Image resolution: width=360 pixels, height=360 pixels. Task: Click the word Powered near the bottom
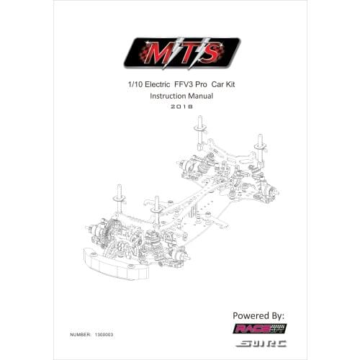(x=253, y=316)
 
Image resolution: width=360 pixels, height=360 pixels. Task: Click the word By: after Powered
(x=277, y=316)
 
